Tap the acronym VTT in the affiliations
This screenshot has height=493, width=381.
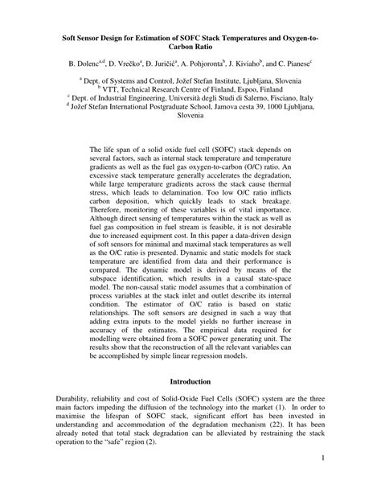point(126,94)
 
